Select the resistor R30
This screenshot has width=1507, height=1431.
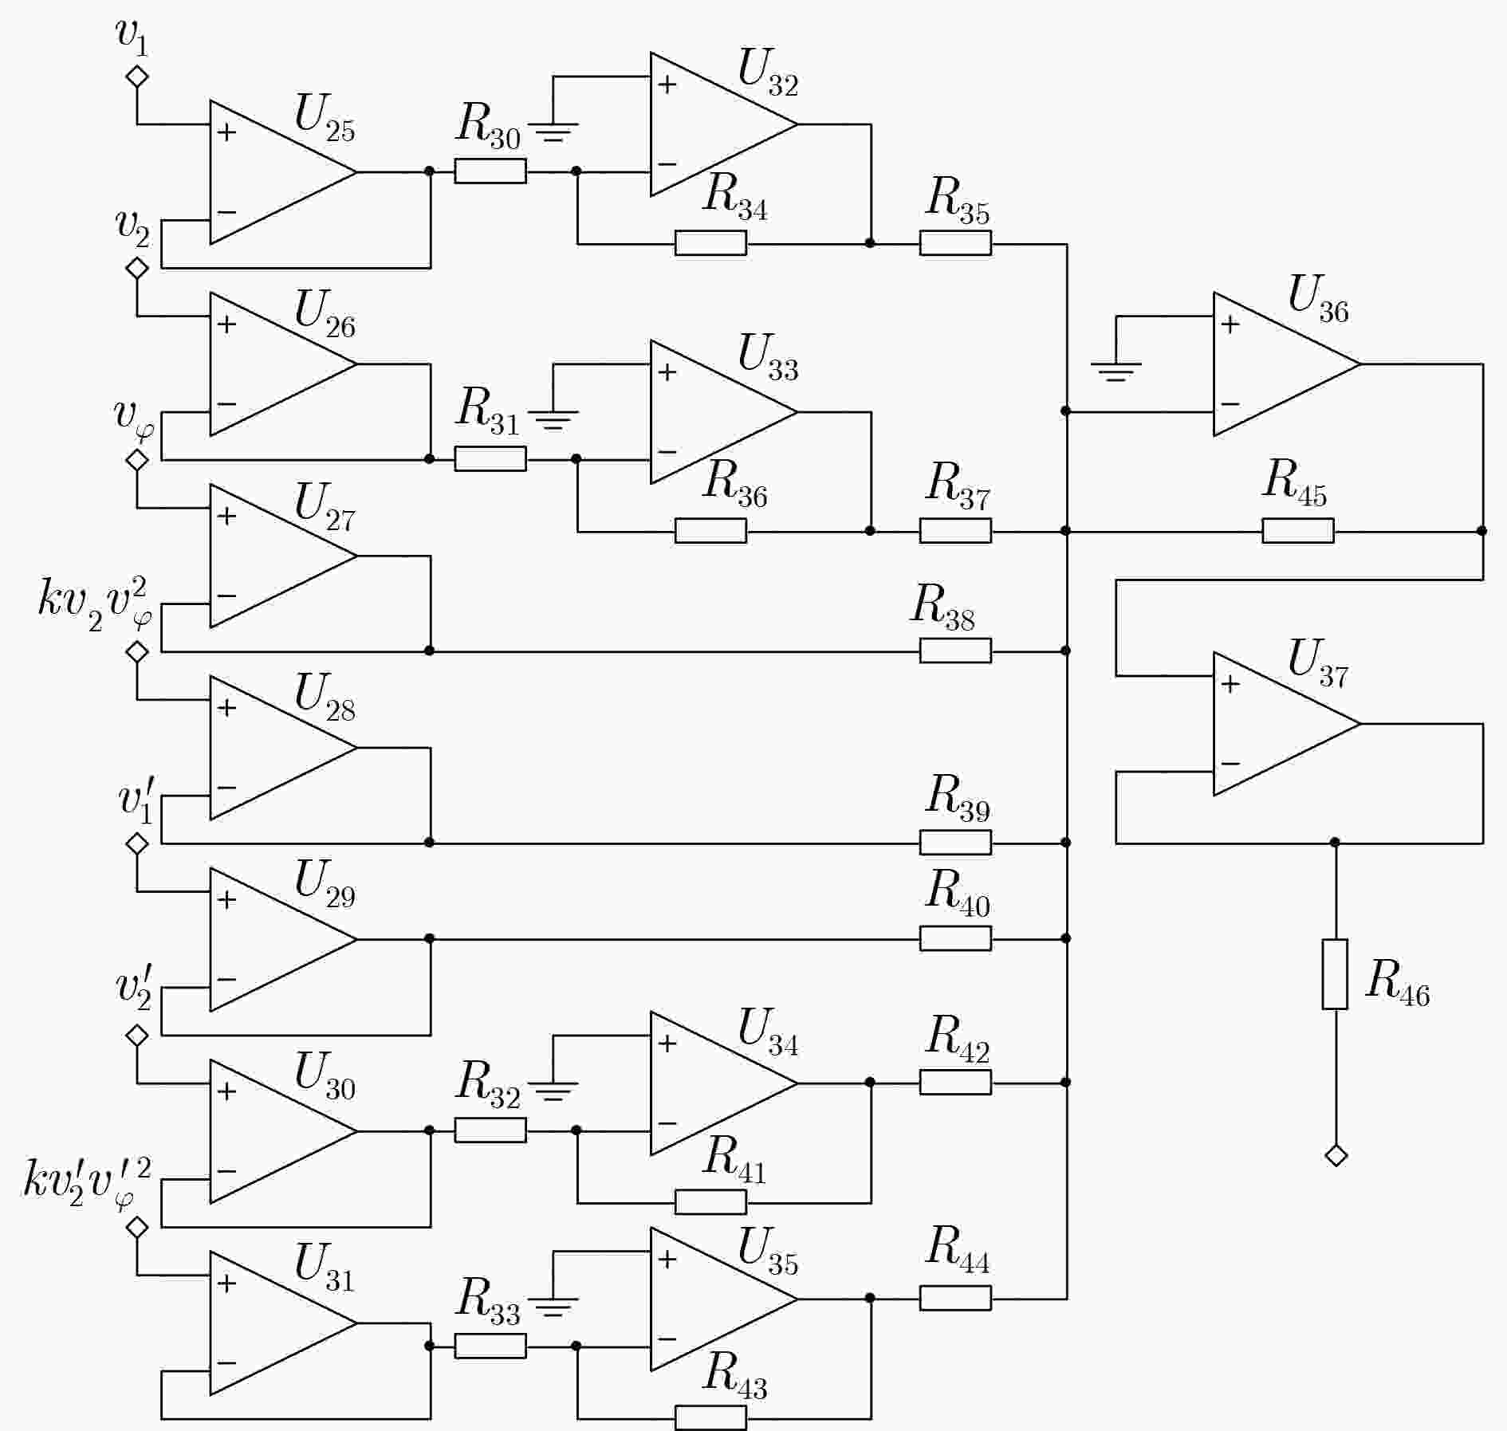pos(490,171)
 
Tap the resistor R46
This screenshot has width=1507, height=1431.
pos(1335,974)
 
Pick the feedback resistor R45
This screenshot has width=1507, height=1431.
pos(1297,530)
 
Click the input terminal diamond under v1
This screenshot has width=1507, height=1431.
pos(137,77)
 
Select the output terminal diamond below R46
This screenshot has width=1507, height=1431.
pos(1336,1155)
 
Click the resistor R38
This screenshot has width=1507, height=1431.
pos(955,651)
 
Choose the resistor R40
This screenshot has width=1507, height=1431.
pos(955,938)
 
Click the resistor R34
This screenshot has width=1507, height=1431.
pos(710,243)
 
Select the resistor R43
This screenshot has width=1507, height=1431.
pos(710,1418)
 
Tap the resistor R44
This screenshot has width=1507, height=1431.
pos(955,1298)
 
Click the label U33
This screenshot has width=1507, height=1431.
pos(768,356)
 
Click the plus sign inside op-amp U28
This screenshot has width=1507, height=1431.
pos(227,708)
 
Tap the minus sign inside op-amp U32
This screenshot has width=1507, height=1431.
pos(667,164)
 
